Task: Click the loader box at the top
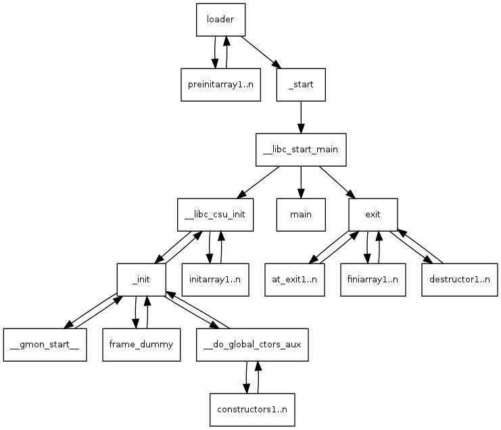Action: pos(220,20)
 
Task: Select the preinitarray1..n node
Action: pos(220,85)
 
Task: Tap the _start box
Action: pos(301,85)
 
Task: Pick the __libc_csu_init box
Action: pos(214,215)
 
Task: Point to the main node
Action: pos(301,215)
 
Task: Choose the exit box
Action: pos(373,215)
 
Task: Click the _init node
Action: pos(141,280)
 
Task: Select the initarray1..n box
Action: pos(214,280)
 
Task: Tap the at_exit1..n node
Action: pos(294,280)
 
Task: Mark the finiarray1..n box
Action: pos(373,280)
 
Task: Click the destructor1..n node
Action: pos(460,280)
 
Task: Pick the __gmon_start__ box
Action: pos(45,345)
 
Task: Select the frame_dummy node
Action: pos(141,345)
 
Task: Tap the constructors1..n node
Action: pos(252,410)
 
